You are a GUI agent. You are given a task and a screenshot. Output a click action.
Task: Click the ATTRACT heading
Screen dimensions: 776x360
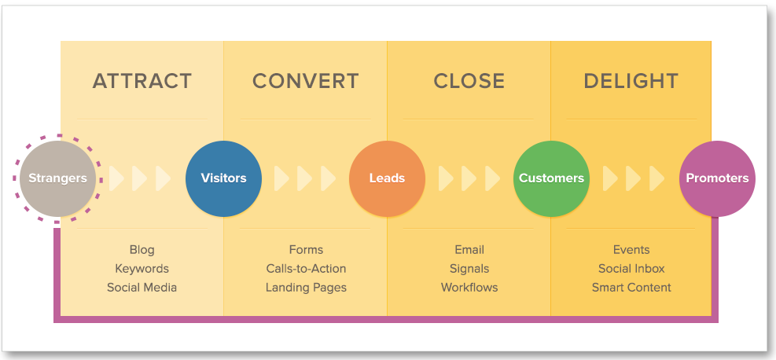[142, 81]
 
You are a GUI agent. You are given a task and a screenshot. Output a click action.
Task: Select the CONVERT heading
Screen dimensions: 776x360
[306, 81]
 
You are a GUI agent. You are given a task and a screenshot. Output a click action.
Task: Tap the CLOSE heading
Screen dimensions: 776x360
[469, 81]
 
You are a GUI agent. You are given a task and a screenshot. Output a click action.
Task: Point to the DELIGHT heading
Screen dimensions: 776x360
[631, 81]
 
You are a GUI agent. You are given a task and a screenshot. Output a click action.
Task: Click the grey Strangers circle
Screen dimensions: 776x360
[57, 178]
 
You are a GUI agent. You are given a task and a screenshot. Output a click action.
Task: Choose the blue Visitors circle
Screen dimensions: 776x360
[224, 178]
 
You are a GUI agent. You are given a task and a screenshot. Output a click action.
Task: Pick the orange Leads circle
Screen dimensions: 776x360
[387, 178]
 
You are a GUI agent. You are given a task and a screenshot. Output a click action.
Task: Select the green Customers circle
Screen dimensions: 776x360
[551, 178]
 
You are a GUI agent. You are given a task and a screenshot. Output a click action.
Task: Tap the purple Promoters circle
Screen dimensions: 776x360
[717, 178]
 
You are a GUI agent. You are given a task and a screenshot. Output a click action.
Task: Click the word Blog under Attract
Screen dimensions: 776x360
[142, 250]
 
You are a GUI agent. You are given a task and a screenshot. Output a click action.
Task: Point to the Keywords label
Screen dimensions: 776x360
[142, 269]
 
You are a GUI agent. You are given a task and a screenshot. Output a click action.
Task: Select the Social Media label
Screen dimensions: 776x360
[142, 288]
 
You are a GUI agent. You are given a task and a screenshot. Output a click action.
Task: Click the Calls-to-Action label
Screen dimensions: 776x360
[306, 269]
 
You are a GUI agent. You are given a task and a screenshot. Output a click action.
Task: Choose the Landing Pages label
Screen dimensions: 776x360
[306, 288]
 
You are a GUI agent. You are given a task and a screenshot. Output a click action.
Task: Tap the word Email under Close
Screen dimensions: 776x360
[469, 250]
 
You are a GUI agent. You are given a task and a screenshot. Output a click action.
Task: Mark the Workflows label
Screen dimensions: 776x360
[469, 288]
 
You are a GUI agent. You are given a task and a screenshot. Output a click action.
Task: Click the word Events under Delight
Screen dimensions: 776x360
[631, 250]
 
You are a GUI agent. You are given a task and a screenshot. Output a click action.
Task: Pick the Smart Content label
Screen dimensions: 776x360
[631, 288]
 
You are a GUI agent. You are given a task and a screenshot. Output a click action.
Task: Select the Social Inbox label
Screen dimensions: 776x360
[631, 269]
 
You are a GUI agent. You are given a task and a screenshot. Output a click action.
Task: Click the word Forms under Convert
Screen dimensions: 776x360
[306, 250]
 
